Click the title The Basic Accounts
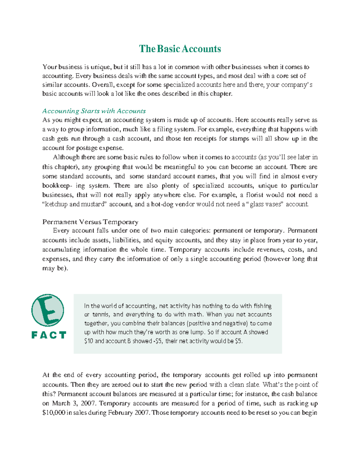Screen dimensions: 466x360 click(180, 49)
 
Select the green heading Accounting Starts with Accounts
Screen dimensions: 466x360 click(94, 111)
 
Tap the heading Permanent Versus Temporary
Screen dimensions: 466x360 click(90, 222)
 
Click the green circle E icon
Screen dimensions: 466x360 click(48, 310)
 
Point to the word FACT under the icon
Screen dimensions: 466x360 click(49, 335)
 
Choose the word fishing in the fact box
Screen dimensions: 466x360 click(262, 306)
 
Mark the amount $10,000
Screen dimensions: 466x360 click(54, 413)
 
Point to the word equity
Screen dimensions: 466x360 click(163, 240)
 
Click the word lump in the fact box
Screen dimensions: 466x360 click(198, 332)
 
